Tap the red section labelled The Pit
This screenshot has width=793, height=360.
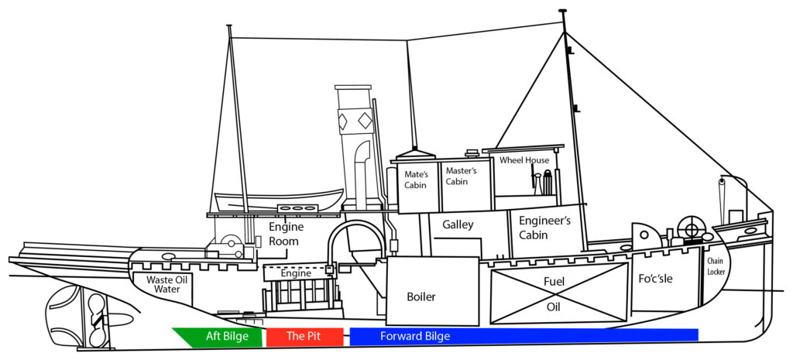tap(304, 337)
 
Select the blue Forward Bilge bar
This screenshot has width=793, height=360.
tap(523, 337)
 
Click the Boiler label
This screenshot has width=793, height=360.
tap(421, 297)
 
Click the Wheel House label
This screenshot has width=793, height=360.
tap(524, 160)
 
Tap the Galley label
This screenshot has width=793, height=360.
tap(458, 225)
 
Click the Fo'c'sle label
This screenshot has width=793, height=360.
tap(655, 278)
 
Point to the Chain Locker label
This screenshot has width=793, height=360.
tap(716, 267)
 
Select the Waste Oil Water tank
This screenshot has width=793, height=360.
tap(163, 284)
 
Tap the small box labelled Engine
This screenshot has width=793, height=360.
tap(295, 273)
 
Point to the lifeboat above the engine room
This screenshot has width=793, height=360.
tap(279, 200)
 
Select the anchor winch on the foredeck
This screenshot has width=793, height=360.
tap(690, 230)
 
